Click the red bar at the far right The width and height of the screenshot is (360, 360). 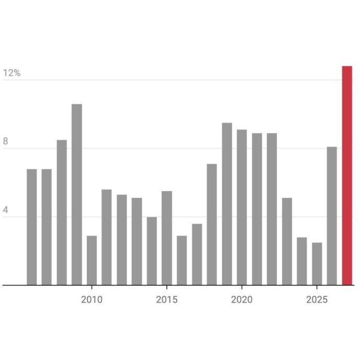click(x=347, y=176)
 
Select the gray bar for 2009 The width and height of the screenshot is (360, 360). click(x=77, y=195)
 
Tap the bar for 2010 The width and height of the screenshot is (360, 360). click(x=92, y=261)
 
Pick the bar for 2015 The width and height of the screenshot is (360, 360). click(x=167, y=238)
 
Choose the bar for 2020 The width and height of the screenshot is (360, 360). click(x=242, y=207)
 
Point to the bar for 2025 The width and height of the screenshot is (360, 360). click(x=317, y=264)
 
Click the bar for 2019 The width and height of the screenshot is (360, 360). click(x=227, y=204)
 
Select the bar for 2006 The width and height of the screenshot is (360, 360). click(x=32, y=227)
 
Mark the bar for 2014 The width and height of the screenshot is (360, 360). click(x=152, y=251)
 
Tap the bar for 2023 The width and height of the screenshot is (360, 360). click(x=287, y=242)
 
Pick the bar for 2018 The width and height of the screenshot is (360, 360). click(x=212, y=224)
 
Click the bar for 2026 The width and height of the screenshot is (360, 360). click(x=332, y=216)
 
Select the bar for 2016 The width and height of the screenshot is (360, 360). click(x=182, y=261)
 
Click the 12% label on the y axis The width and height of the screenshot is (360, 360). click(x=12, y=73)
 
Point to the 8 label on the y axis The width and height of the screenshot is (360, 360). click(x=6, y=141)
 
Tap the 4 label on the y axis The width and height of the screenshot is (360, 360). click(x=6, y=210)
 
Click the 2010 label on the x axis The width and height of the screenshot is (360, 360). click(x=92, y=300)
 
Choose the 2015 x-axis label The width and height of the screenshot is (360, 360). click(x=167, y=300)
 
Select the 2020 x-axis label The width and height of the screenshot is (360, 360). click(x=242, y=300)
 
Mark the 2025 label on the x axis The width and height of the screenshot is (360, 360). click(x=317, y=300)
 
